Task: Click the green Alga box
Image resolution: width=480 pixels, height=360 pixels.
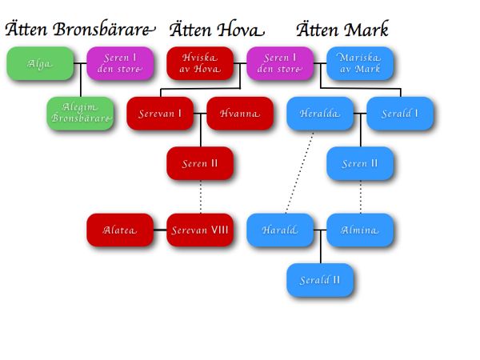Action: click(x=39, y=64)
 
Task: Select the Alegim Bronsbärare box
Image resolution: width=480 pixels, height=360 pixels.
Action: click(x=79, y=114)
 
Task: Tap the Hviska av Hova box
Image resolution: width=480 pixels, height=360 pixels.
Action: click(x=199, y=64)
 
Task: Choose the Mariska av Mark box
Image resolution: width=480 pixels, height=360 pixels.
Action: click(x=359, y=64)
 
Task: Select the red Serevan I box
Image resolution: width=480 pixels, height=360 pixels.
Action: click(x=159, y=114)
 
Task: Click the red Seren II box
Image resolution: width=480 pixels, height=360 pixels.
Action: click(x=199, y=164)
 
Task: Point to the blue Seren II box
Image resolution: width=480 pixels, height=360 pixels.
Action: click(x=359, y=164)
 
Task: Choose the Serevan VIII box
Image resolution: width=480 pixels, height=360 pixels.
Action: click(x=199, y=230)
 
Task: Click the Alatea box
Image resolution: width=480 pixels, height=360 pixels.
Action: click(x=119, y=230)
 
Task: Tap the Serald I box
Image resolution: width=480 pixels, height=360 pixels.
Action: click(x=399, y=114)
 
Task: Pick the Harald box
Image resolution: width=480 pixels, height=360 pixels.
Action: click(x=279, y=230)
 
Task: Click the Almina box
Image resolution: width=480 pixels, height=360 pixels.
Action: click(x=359, y=230)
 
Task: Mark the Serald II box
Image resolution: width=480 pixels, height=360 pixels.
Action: click(x=319, y=280)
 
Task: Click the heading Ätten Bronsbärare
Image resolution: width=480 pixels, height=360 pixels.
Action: click(x=78, y=30)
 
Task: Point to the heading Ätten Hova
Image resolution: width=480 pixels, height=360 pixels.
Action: click(x=214, y=30)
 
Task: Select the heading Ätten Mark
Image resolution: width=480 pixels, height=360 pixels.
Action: click(x=342, y=30)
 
